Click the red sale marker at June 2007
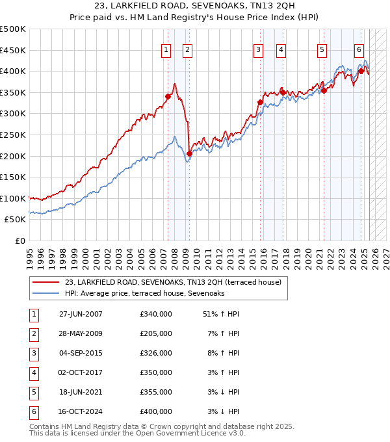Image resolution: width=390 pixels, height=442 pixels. click(168, 96)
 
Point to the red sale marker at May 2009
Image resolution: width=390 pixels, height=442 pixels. click(189, 153)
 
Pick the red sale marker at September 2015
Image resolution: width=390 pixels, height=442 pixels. click(260, 102)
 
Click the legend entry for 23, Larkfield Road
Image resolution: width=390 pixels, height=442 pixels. click(173, 282)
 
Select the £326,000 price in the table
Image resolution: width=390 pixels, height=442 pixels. click(156, 353)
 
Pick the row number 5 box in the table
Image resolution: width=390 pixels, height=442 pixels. click(32, 392)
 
